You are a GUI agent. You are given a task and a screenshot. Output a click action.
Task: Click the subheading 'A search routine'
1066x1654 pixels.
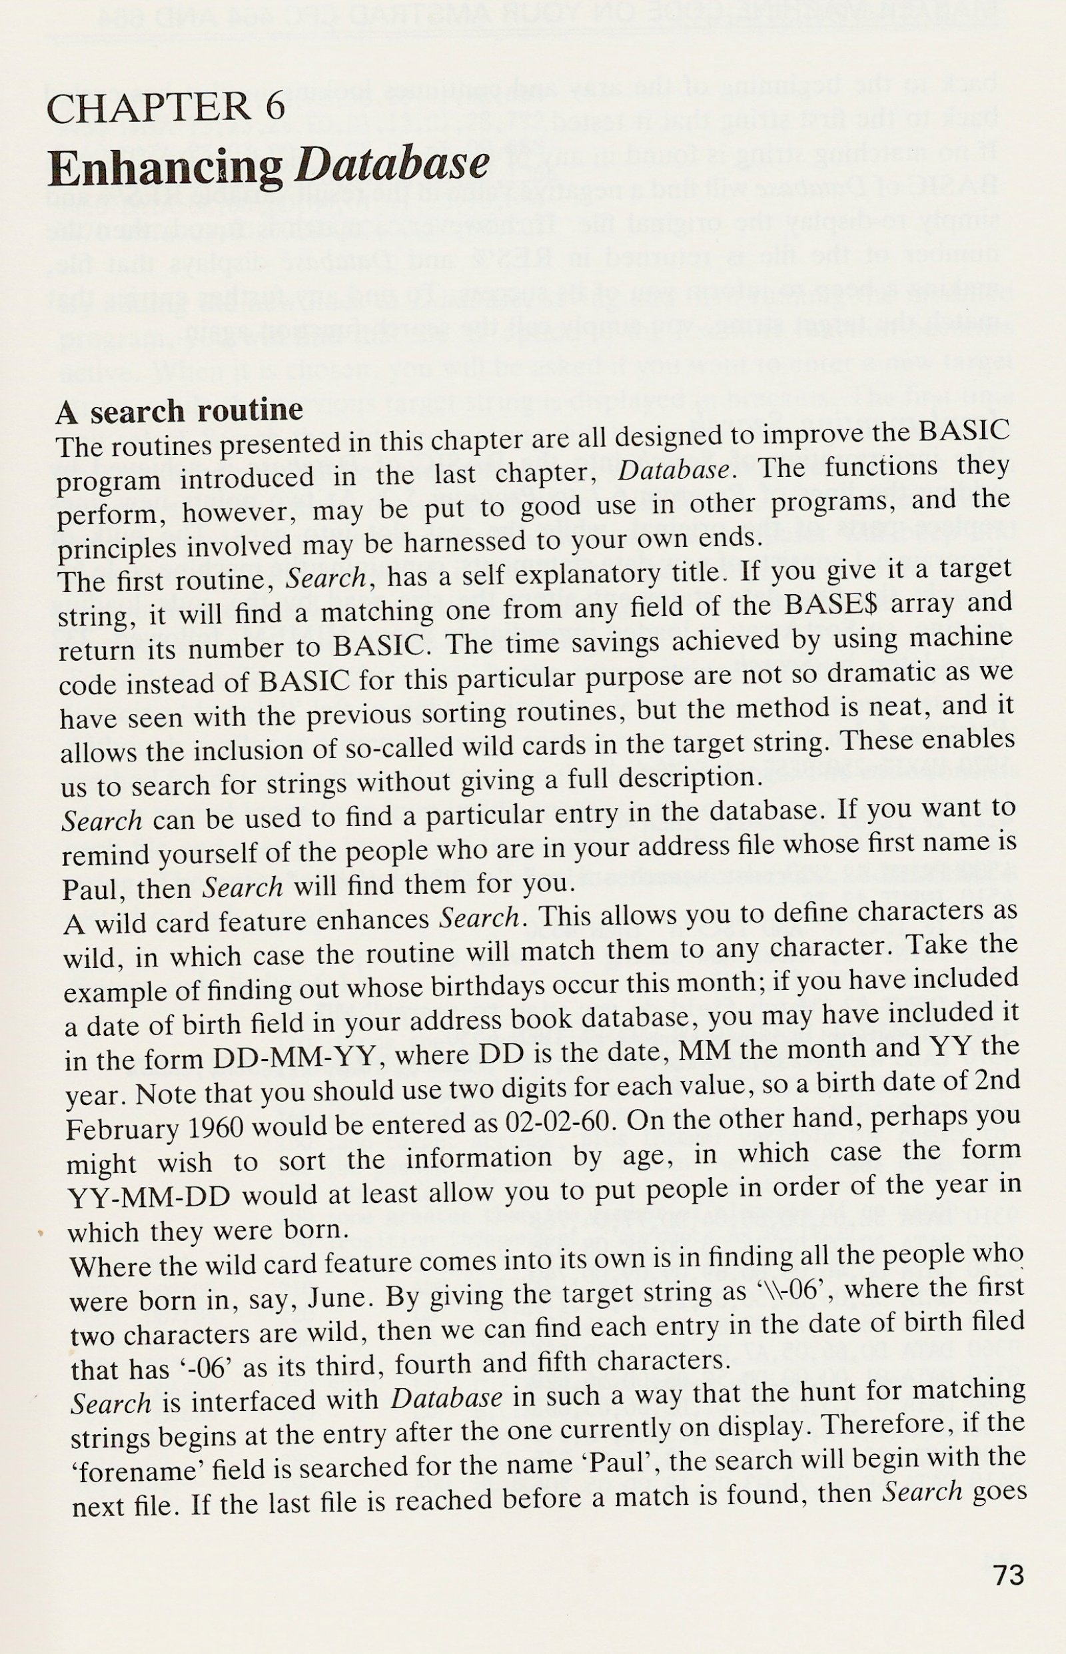coord(179,411)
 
